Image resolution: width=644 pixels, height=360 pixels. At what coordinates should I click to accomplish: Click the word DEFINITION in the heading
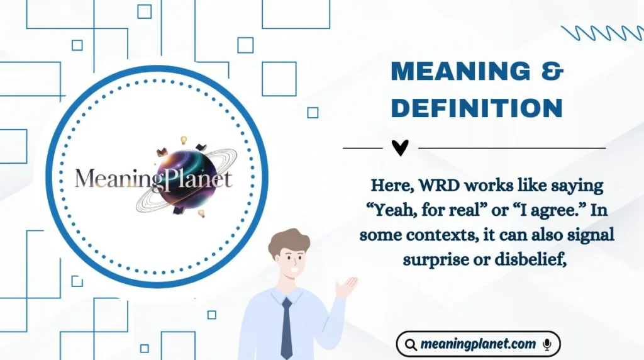pyautogui.click(x=476, y=108)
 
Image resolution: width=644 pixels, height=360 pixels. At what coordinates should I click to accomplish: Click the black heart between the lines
pyautogui.click(x=400, y=148)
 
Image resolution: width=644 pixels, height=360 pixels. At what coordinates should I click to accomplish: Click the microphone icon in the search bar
pyautogui.click(x=547, y=344)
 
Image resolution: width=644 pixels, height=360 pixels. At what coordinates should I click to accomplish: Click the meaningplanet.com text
pyautogui.click(x=479, y=344)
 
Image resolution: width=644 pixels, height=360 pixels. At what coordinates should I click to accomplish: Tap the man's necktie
pyautogui.click(x=286, y=327)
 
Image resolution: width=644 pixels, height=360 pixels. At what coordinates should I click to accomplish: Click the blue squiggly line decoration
pyautogui.click(x=601, y=33)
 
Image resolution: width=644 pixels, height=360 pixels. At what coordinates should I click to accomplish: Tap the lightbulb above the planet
pyautogui.click(x=184, y=140)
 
